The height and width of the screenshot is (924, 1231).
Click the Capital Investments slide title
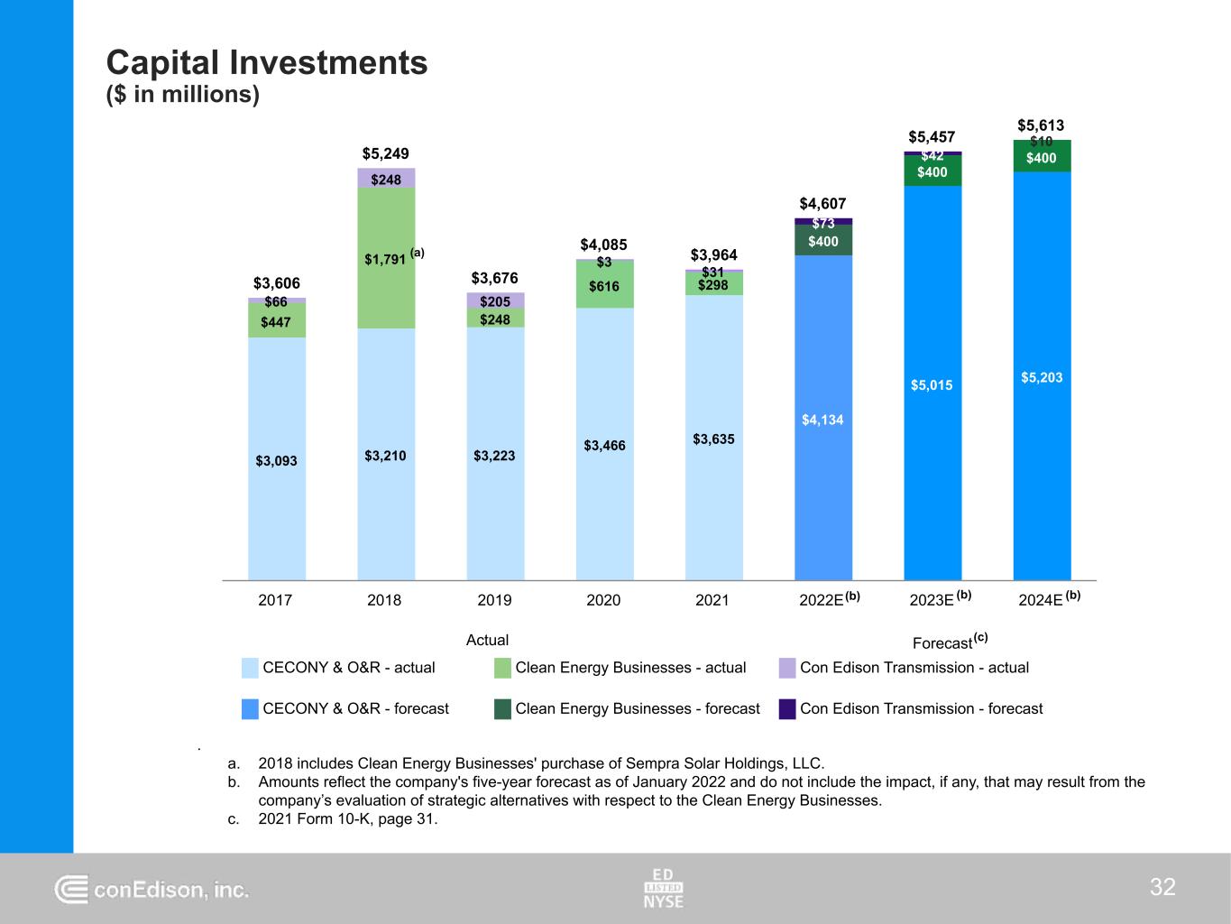pos(267,63)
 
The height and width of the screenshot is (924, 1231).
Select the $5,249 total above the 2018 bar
pos(385,154)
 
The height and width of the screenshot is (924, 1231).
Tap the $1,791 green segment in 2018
pos(386,259)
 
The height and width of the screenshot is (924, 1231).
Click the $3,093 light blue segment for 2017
pos(276,460)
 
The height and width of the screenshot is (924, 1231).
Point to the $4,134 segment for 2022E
pos(822,420)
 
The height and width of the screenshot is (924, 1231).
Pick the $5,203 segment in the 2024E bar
pos(1042,377)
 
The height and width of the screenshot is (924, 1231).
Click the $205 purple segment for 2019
pos(495,300)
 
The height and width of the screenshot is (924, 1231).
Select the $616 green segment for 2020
pos(604,287)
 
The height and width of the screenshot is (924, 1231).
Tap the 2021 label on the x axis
pos(712,600)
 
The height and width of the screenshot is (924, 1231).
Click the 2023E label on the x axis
pos(932,600)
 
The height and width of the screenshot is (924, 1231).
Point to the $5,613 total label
pos(1041,125)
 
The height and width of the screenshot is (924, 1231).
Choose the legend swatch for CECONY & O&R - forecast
pos(251,709)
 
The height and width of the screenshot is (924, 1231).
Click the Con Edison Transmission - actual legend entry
pos(914,668)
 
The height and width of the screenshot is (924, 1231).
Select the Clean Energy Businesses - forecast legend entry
pos(638,709)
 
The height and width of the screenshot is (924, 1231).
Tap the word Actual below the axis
pos(487,640)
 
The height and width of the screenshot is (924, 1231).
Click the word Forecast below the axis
pos(942,643)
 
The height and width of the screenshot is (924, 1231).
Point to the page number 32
pos(1162,887)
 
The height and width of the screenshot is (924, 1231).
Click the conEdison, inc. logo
pos(152,890)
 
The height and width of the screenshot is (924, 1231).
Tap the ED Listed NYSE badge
pos(664,888)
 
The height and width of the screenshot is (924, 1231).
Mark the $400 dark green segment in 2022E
pos(822,241)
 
